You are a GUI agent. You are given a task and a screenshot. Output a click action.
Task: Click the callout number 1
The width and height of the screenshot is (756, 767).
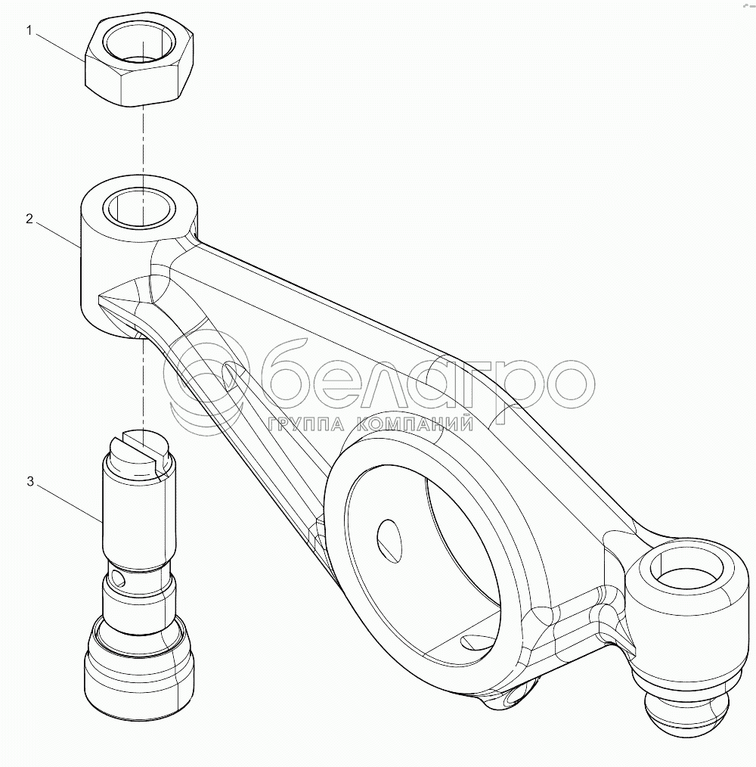(x=29, y=31)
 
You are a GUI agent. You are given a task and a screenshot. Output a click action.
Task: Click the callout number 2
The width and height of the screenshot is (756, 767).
(x=29, y=219)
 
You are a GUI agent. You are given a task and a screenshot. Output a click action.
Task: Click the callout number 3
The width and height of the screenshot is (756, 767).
(x=30, y=482)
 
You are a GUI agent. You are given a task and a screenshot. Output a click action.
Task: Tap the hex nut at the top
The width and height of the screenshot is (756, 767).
(x=139, y=61)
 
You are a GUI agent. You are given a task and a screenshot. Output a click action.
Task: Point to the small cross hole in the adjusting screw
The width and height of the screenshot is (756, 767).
(x=118, y=578)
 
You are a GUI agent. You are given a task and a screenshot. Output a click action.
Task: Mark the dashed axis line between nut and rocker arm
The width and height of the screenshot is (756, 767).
(x=143, y=142)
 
